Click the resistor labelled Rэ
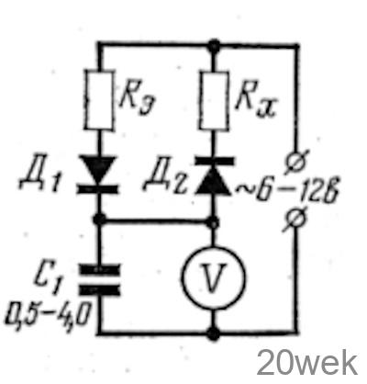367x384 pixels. (100, 100)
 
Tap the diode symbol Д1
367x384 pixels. (97, 175)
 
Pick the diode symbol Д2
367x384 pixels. (214, 175)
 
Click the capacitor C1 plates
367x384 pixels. (99, 279)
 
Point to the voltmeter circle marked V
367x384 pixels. (213, 277)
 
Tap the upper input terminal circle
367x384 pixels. (296, 162)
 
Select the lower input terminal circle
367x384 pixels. (295, 220)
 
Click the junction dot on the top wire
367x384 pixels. (214, 46)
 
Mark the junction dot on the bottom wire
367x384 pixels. (213, 333)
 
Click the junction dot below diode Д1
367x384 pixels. (99, 220)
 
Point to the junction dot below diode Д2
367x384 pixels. (213, 221)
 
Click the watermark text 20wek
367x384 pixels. (306, 363)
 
